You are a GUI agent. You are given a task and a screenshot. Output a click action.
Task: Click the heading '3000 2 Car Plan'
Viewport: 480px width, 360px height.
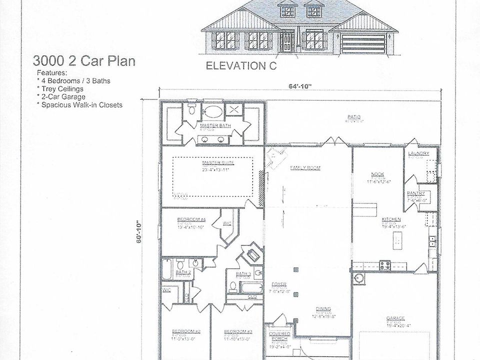[84, 61]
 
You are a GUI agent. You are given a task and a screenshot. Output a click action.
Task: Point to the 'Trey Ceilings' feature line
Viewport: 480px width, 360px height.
[62, 88]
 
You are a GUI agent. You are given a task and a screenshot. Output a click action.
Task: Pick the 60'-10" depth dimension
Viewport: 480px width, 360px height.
[139, 231]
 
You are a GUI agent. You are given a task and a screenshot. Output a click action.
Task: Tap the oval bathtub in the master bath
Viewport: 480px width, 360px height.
[212, 110]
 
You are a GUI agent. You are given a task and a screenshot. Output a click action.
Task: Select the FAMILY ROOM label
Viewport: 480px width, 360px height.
[305, 167]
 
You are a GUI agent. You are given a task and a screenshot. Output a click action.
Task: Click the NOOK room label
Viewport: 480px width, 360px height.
[377, 174]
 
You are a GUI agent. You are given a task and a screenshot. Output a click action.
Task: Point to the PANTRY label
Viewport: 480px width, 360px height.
[415, 193]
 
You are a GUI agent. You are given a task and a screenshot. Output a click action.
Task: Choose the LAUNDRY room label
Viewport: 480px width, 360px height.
[418, 153]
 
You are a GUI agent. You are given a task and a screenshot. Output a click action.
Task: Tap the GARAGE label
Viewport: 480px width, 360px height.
[395, 317]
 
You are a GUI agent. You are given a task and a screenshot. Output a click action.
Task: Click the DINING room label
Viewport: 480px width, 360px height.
[324, 308]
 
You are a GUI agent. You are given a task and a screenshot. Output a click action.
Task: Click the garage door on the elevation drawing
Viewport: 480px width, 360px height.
[363, 44]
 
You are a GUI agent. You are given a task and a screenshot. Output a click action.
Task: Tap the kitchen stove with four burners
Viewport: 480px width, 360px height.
[384, 265]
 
